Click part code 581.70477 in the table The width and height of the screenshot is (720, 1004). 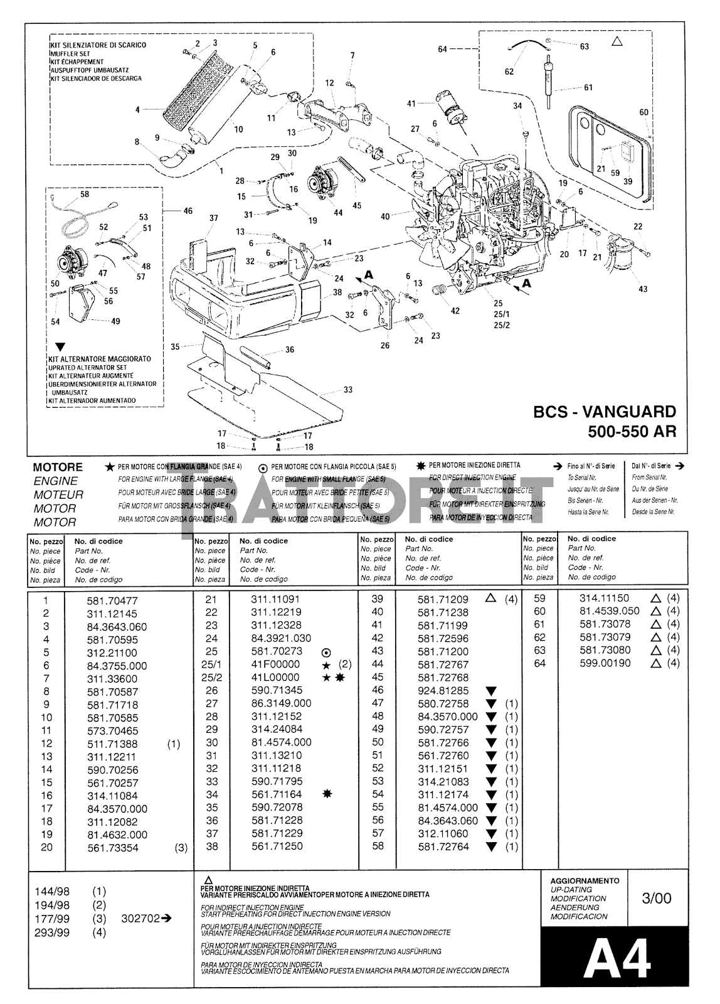[x=112, y=601]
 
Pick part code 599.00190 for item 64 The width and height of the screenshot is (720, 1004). [x=605, y=663]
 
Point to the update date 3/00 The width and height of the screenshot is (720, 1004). [x=656, y=898]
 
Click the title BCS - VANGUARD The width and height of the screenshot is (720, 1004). [x=605, y=412]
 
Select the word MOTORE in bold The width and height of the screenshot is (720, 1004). [x=58, y=467]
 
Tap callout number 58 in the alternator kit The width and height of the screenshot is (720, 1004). [x=85, y=195]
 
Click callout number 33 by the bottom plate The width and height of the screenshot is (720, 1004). [x=348, y=390]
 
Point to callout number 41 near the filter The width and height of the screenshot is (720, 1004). [x=411, y=104]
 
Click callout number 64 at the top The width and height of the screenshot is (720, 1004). [x=442, y=49]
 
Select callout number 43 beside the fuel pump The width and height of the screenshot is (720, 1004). [x=642, y=289]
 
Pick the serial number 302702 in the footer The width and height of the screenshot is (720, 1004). [x=144, y=918]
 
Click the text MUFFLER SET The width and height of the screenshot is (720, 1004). [x=69, y=54]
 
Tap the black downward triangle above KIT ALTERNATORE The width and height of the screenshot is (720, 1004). [x=60, y=346]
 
